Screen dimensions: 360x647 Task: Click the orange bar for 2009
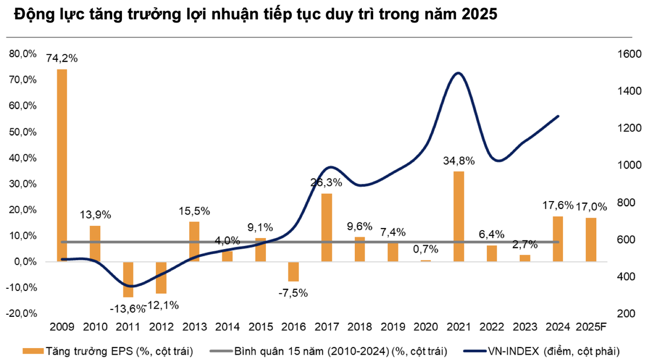(62, 165)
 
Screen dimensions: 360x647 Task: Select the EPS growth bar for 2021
(459, 217)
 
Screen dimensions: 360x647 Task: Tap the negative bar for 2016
(293, 272)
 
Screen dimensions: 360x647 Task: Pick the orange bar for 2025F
(591, 240)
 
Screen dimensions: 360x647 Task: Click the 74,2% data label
(62, 58)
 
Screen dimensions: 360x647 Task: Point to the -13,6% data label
(128, 309)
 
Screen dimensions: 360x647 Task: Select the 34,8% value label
(459, 160)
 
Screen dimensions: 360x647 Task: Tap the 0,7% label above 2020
(426, 249)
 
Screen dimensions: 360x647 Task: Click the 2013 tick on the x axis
(194, 328)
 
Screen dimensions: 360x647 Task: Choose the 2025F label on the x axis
(591, 328)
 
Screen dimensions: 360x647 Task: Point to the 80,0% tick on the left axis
(22, 54)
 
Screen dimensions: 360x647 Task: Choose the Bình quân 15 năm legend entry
(339, 351)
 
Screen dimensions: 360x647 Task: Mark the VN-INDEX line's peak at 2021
(458, 73)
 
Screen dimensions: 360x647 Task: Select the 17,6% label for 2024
(558, 205)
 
